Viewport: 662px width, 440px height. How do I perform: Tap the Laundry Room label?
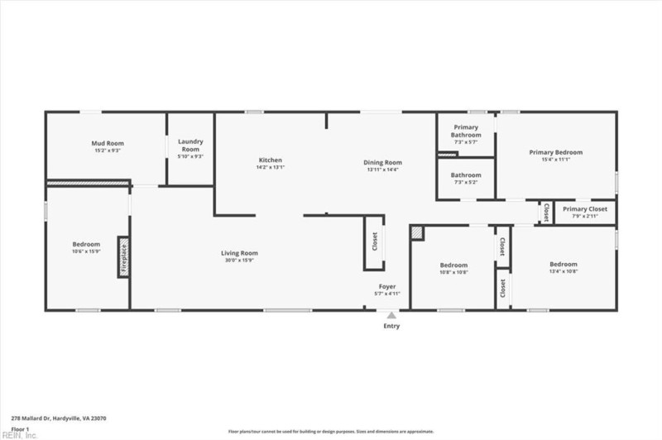point(190,145)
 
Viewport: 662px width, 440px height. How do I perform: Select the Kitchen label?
point(270,160)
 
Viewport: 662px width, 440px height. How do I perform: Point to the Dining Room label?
point(382,162)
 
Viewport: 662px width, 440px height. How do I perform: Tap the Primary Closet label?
point(585,209)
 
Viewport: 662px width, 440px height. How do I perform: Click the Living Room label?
point(239,253)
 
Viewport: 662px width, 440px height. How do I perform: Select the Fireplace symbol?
point(123,257)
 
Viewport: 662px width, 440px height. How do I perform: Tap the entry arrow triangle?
point(391,314)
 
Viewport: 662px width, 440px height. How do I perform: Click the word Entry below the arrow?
point(391,326)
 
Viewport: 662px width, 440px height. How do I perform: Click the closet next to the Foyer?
point(374,242)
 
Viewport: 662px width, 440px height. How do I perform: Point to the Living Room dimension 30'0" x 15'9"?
point(239,261)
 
